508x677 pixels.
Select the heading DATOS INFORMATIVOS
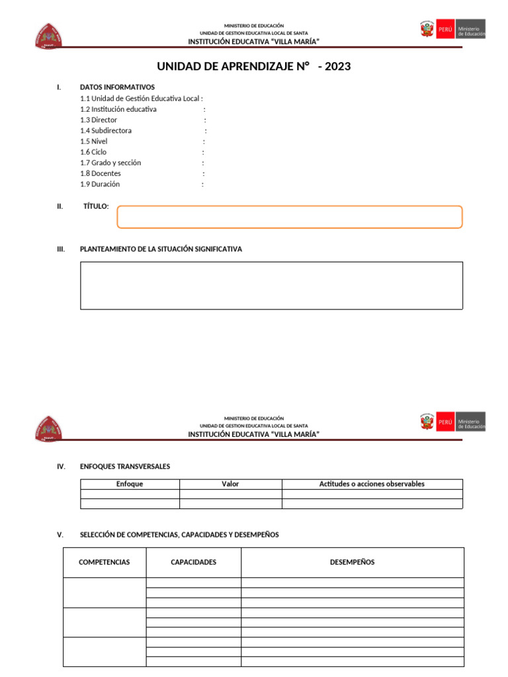coord(117,87)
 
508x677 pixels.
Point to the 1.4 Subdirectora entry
coord(106,131)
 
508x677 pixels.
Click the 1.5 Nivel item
coord(94,141)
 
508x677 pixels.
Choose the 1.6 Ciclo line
coord(93,152)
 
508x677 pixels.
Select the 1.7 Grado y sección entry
coord(110,163)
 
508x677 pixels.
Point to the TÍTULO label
coord(96,206)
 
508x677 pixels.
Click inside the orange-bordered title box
coord(289,217)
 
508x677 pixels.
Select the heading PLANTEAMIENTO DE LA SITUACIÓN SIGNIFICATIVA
coord(161,249)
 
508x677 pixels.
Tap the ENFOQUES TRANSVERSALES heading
coord(124,467)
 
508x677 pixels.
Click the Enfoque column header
coord(130,484)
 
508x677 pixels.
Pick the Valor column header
coord(230,484)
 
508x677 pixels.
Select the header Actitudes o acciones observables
coord(372,484)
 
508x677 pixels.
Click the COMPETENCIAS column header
coord(104,563)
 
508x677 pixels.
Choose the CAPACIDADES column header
coord(193,563)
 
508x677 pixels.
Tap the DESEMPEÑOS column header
coord(352,563)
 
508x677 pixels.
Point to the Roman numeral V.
coord(60,535)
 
